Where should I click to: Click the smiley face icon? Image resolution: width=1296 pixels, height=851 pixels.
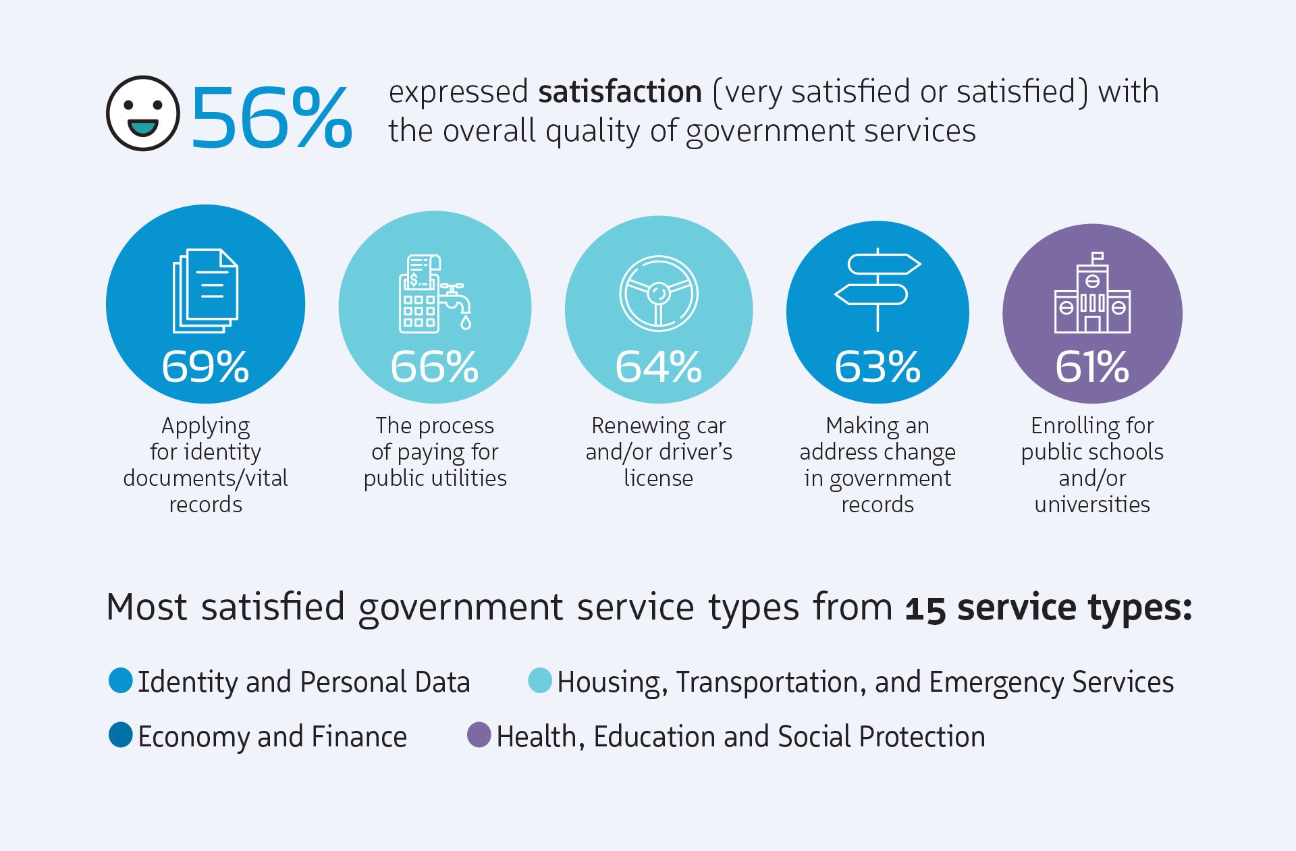click(143, 113)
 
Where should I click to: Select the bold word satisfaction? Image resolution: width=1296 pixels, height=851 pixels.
click(620, 92)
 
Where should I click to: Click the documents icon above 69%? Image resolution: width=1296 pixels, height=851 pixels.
click(206, 291)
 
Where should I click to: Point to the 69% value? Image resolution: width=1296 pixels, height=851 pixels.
click(205, 367)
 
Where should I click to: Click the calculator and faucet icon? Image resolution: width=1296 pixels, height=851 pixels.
click(435, 294)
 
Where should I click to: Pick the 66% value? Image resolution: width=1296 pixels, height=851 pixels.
click(435, 367)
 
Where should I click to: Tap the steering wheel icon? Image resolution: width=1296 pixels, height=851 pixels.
click(659, 294)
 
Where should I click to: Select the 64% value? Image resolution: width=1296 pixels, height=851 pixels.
click(659, 367)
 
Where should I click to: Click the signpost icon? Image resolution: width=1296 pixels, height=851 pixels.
click(878, 290)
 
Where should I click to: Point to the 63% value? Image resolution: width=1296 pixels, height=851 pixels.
click(878, 367)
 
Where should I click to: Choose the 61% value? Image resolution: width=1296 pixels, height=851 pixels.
click(1092, 367)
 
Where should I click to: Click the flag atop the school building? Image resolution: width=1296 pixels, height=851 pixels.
click(1098, 257)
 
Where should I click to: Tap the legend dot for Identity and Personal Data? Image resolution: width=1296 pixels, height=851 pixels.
click(121, 680)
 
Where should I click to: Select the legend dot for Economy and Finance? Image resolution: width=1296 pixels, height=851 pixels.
click(121, 735)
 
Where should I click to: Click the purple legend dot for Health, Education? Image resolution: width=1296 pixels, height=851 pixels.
click(479, 735)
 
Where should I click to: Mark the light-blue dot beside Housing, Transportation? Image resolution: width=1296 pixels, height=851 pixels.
click(540, 680)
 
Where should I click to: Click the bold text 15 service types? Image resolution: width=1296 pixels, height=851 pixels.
click(1048, 607)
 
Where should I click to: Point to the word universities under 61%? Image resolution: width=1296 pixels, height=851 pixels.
click(1092, 505)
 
